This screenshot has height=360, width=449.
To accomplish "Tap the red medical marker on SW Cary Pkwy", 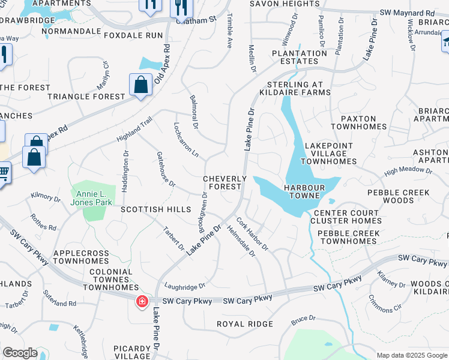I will [x=142, y=301].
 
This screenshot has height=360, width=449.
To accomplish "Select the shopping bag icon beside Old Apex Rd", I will [x=140, y=85].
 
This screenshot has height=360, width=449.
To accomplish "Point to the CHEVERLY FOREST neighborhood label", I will [x=225, y=183].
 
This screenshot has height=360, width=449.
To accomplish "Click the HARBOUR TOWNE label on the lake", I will [x=304, y=192].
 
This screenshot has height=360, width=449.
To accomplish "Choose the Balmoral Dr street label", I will [x=194, y=112].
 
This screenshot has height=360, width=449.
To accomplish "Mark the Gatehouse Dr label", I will [x=166, y=169].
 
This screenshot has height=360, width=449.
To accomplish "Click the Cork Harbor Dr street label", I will [x=252, y=233].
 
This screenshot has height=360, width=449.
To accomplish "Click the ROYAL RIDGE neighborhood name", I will [x=245, y=324].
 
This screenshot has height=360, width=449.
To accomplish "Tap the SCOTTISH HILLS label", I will [x=155, y=209].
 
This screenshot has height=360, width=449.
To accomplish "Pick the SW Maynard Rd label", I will [x=406, y=13].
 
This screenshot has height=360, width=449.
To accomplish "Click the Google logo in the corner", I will [x=20, y=353].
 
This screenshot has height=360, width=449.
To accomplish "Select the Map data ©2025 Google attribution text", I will [x=412, y=355].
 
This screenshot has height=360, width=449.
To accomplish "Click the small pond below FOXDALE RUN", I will [x=148, y=63].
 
